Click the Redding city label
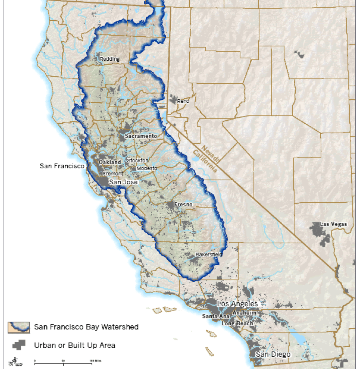(x=110, y=59)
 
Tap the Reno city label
(x=183, y=101)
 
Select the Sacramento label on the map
(x=141, y=136)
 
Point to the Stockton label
(x=138, y=160)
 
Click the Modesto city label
(x=147, y=168)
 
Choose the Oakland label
(x=110, y=162)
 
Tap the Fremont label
(x=113, y=174)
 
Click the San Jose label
(x=123, y=182)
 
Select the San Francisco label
(x=62, y=166)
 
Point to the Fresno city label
(x=183, y=204)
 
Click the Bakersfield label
(x=209, y=255)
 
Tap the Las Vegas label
(x=333, y=224)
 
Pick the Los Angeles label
(x=237, y=304)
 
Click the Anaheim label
(x=244, y=313)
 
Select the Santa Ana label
(x=216, y=316)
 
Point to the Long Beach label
(x=237, y=323)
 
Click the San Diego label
(x=273, y=354)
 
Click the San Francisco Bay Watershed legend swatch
(x=19, y=327)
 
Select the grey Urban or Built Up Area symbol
(x=19, y=345)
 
